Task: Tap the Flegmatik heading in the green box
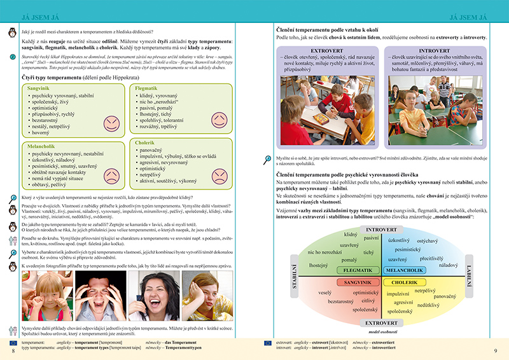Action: click(146, 88)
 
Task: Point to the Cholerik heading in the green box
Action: click(146, 143)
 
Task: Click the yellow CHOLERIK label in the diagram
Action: click(404, 282)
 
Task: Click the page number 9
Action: click(495, 350)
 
